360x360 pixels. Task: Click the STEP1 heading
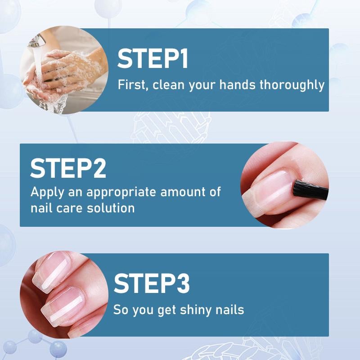pyautogui.click(x=153, y=59)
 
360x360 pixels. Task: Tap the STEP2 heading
pyautogui.click(x=68, y=167)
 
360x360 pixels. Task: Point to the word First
pyautogui.click(x=132, y=85)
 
